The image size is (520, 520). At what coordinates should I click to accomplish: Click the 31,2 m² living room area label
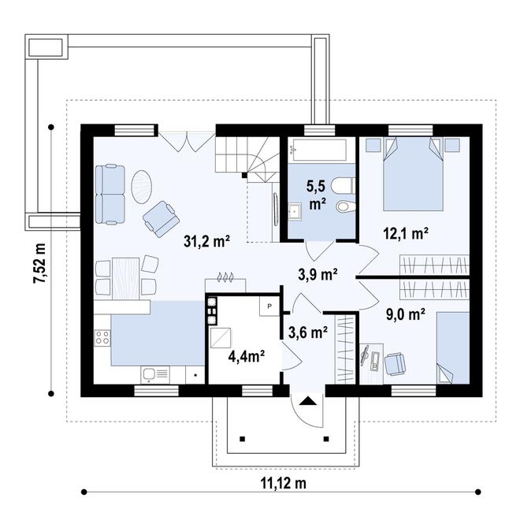click(207, 241)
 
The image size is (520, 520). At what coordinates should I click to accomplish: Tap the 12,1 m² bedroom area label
click(406, 233)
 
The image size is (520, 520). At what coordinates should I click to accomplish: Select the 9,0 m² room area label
click(406, 314)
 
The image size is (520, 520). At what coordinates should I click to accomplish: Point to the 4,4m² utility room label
click(247, 356)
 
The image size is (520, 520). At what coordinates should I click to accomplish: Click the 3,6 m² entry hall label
click(308, 332)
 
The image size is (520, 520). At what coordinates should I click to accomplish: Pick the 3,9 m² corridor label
click(318, 274)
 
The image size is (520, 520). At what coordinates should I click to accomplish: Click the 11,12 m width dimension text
click(283, 483)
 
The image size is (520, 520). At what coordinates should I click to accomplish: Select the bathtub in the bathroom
click(318, 150)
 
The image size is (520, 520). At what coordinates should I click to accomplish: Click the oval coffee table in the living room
click(142, 188)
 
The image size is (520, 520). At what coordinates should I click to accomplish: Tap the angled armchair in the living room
click(162, 219)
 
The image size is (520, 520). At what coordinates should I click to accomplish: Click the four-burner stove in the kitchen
click(102, 337)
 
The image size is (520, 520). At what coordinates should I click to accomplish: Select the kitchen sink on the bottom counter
click(155, 375)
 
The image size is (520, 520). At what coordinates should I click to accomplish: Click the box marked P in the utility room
click(269, 306)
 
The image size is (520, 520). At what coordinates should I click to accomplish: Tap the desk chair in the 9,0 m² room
click(395, 364)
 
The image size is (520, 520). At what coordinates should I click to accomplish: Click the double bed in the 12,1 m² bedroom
click(413, 174)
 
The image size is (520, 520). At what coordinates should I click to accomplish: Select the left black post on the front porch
click(243, 439)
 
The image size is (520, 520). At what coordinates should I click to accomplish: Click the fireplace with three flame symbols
click(225, 282)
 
